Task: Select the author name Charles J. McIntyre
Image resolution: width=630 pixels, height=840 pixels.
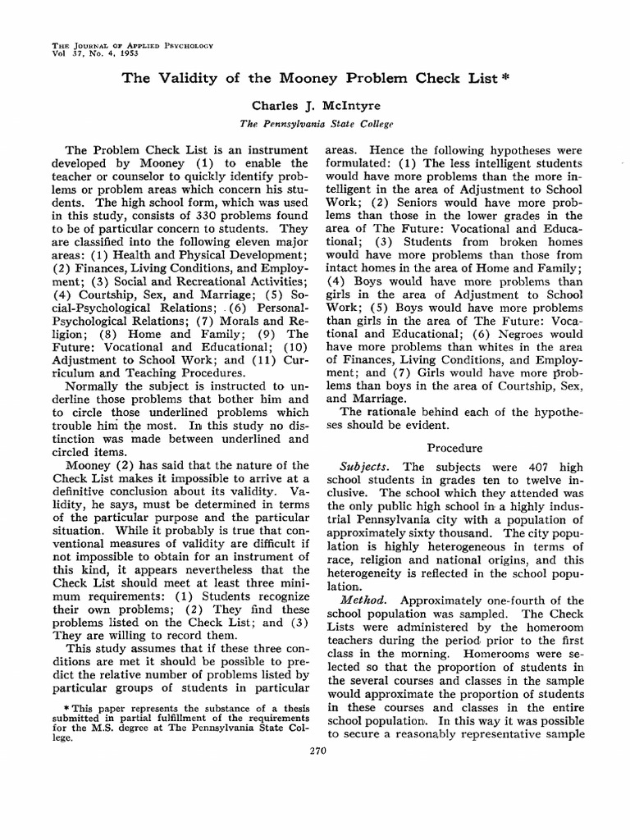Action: coord(315,106)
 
